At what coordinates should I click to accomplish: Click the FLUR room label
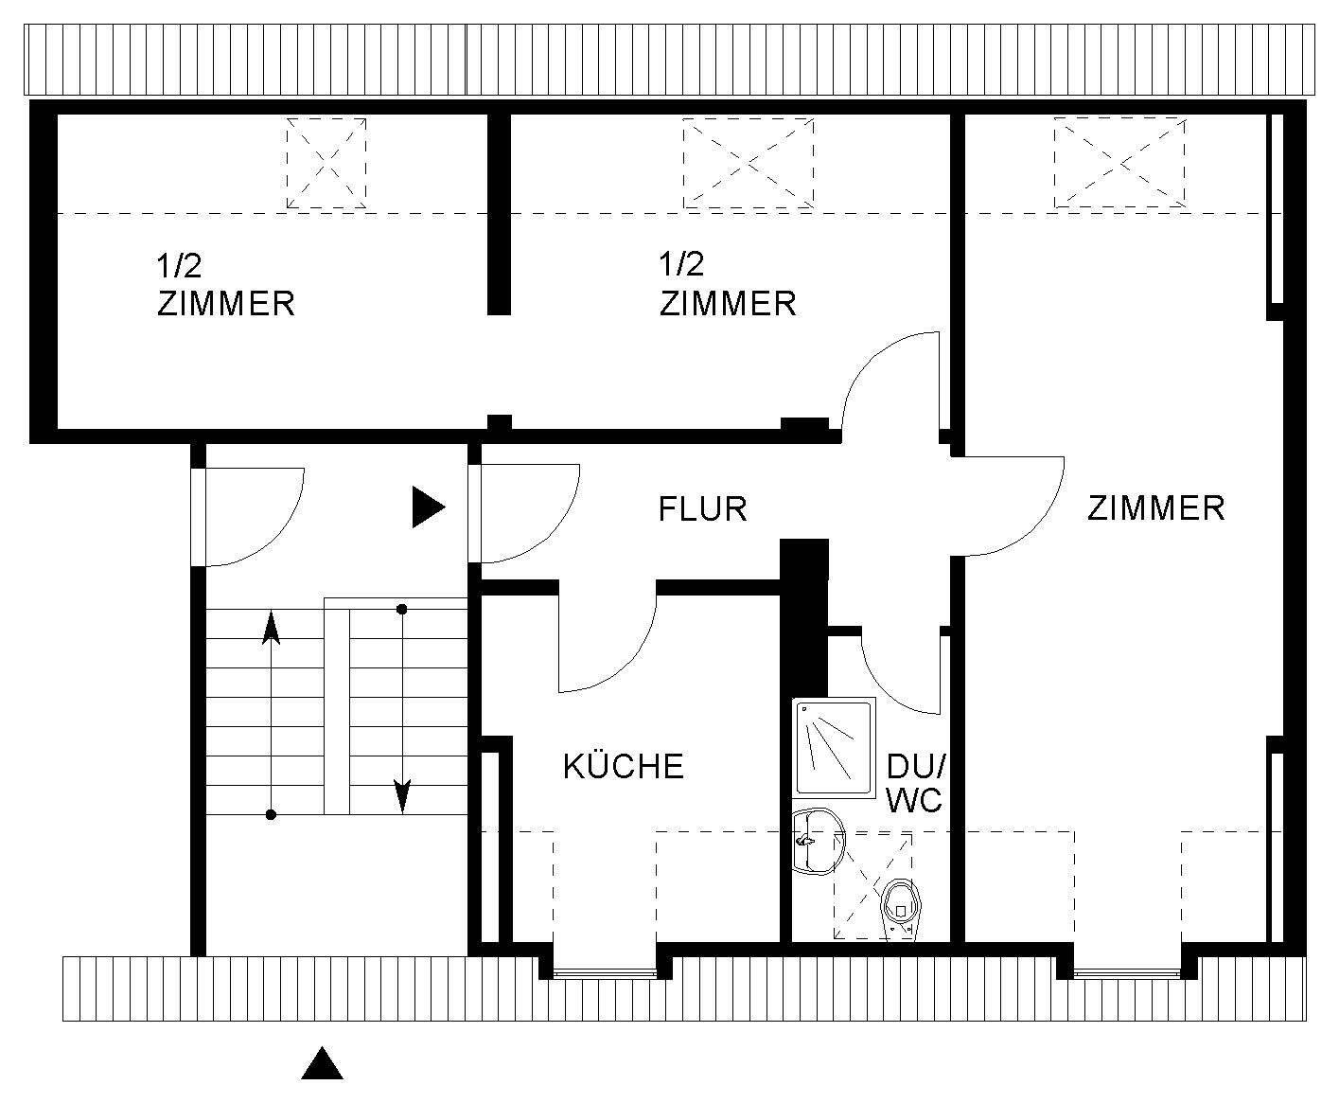(702, 508)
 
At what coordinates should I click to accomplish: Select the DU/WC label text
(915, 783)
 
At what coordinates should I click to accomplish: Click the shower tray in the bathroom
(834, 747)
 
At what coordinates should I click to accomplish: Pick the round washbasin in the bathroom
(819, 842)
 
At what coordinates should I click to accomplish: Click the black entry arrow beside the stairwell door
(429, 507)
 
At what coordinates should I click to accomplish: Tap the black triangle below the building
(322, 1062)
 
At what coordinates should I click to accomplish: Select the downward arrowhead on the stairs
(402, 795)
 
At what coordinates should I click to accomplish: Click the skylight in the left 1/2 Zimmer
(326, 163)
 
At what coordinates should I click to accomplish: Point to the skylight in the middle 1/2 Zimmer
(748, 163)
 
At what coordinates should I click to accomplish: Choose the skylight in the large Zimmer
(1119, 163)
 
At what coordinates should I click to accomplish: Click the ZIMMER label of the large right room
(1155, 508)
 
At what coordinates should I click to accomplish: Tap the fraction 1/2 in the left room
(179, 265)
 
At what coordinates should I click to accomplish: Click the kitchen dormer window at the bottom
(605, 971)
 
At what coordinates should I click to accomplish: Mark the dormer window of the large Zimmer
(1127, 971)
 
